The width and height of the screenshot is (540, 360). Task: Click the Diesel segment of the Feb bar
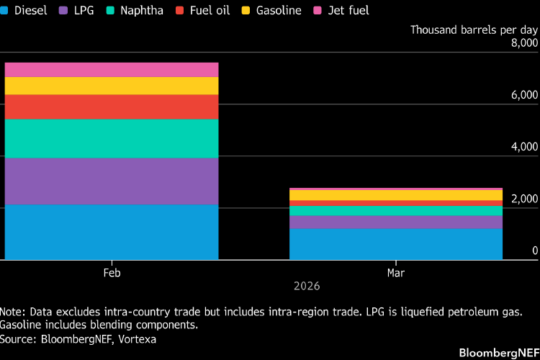(x=112, y=232)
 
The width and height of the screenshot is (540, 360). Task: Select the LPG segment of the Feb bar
(x=112, y=181)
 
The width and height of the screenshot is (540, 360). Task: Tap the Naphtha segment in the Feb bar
(x=112, y=138)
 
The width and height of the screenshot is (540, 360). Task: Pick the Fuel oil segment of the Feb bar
(x=112, y=107)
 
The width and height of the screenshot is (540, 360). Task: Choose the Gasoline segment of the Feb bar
(x=112, y=86)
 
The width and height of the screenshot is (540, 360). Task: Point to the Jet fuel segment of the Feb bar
(x=112, y=70)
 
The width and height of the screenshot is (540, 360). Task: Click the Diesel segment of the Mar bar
(x=395, y=244)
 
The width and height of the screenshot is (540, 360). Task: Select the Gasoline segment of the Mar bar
(x=395, y=195)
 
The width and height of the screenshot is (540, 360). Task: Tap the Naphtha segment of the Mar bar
(x=395, y=211)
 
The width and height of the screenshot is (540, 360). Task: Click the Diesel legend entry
(x=24, y=11)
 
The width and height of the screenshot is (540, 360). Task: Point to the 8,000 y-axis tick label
(x=524, y=43)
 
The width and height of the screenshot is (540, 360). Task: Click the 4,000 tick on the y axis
(x=524, y=147)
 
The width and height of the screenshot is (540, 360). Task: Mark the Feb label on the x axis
(x=112, y=273)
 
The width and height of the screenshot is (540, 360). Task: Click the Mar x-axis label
(x=395, y=273)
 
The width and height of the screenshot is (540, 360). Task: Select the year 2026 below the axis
(x=307, y=286)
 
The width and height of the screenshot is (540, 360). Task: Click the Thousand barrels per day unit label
(x=474, y=30)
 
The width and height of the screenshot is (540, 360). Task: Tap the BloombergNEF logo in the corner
(x=499, y=352)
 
